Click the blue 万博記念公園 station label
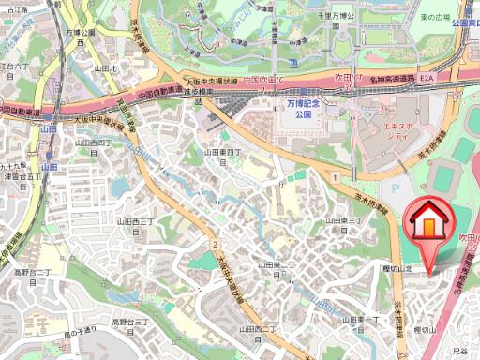click(299, 111)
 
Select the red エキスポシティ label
click(386, 129)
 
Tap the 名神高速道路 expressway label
click(390, 82)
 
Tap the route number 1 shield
click(334, 176)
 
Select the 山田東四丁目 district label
click(224, 155)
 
